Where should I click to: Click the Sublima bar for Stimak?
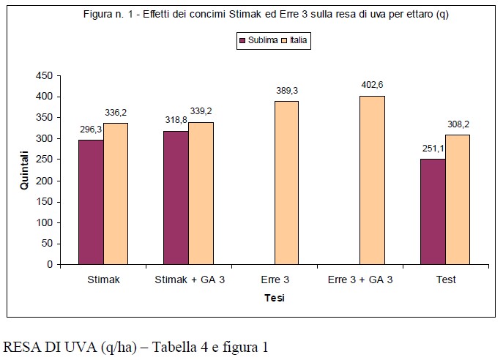91,202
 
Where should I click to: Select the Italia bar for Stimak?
116,194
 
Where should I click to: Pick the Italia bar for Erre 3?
286,183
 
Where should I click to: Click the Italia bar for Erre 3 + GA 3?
372,180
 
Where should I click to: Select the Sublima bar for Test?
433,211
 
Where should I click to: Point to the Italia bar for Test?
457,200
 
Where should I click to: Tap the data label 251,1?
433,148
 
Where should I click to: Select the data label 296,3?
91,129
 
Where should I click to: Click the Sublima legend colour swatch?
241,42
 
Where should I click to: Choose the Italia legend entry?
293,42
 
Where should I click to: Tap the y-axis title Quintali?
23,170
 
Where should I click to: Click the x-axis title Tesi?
274,298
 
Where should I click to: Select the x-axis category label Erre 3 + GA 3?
360,280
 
